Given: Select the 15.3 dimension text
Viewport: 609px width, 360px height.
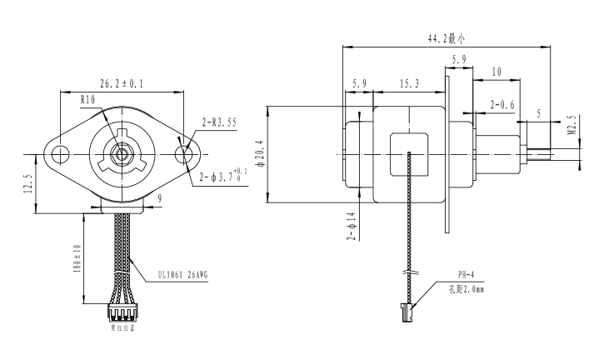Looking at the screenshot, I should [x=408, y=84].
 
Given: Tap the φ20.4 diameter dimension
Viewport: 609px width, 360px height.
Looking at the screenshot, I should [x=259, y=153].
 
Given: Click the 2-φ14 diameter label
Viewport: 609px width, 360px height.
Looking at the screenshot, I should [x=352, y=227].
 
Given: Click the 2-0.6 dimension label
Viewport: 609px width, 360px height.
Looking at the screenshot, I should [x=502, y=104].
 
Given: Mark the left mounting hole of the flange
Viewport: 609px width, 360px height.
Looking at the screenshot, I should [x=60, y=154].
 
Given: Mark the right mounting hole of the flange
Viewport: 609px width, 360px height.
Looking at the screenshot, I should [x=184, y=154].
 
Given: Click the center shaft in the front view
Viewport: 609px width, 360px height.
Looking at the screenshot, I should [x=122, y=154].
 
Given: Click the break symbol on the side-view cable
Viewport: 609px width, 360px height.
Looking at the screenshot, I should [x=409, y=272].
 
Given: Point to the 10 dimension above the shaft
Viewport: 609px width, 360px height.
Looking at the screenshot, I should [x=497, y=72].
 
